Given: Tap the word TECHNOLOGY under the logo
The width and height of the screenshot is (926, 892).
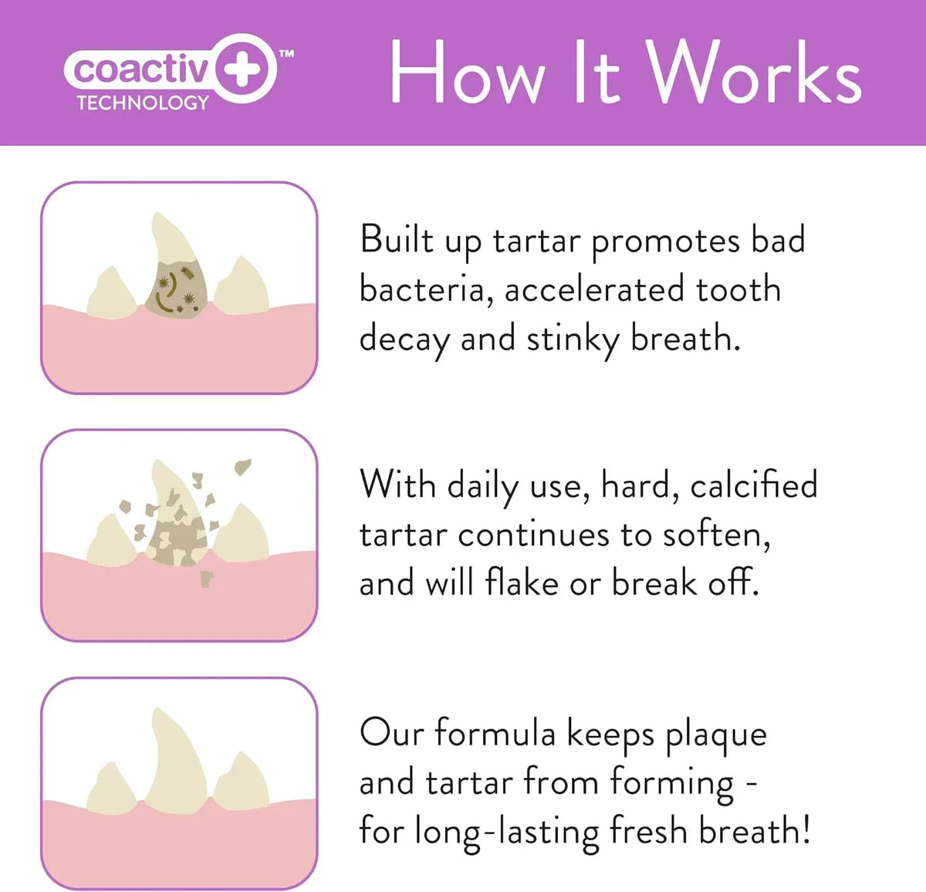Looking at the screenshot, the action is [144, 103].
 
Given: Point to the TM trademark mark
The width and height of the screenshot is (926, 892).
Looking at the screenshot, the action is [286, 54].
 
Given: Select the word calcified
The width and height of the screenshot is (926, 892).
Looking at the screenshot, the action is [754, 485].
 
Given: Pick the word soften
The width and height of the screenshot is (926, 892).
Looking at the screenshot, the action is [717, 535].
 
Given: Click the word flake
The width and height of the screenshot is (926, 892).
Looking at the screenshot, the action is [522, 583].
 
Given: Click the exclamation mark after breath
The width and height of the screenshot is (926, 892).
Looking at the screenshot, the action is [806, 828].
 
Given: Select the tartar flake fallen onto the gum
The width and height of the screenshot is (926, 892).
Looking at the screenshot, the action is [206, 579].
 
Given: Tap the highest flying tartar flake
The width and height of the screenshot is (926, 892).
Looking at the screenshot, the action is [242, 466].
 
